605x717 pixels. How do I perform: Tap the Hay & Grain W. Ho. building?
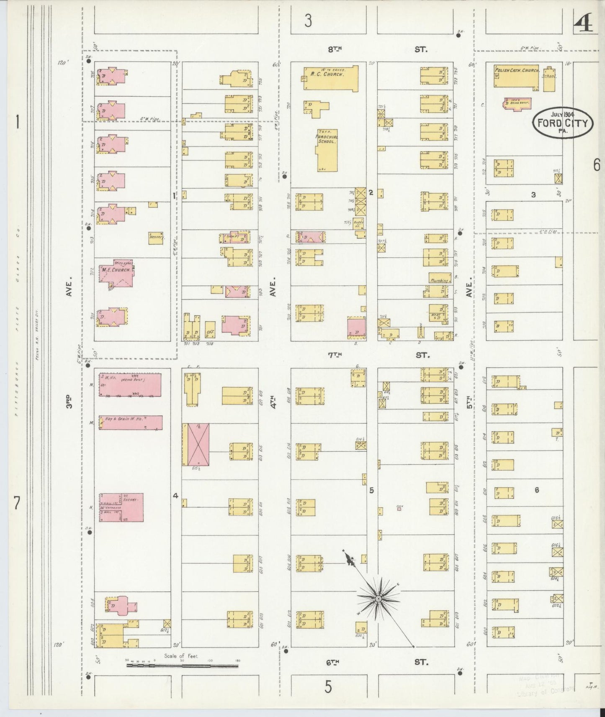130,423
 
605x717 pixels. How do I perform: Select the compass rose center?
378,599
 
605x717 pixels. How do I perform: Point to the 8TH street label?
335,49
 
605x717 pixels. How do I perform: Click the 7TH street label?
335,355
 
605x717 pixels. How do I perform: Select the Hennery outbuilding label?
155,237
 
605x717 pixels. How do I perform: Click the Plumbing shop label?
438,280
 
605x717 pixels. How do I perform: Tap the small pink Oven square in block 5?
399,509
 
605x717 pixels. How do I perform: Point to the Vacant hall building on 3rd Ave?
121,507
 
